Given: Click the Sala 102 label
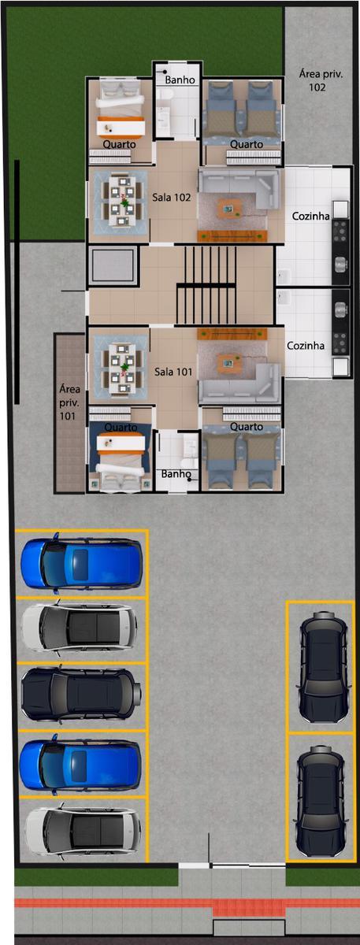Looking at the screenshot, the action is pos(172,197).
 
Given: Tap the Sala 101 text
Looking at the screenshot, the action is pos(173,372).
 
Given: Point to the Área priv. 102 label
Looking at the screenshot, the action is pos(321,80).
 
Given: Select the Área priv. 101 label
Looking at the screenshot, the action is pos(69,402).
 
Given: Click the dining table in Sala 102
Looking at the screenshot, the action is pos(121,202).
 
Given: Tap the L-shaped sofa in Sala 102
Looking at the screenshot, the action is pos(239,186).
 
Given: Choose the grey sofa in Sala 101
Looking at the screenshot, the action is pos(239,386).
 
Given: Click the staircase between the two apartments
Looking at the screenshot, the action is pos(206,286).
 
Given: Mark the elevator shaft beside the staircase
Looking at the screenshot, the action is pos(113,266).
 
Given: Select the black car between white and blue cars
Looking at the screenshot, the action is pos(81,694).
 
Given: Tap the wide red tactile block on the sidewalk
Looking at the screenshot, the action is pos(248,907).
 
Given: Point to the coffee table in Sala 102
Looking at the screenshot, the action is pos(229,209).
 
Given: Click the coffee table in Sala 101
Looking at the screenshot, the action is pos(229,364).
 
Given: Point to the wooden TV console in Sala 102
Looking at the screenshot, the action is pos(232,236).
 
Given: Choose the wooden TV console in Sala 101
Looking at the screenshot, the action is pos(232,334).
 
